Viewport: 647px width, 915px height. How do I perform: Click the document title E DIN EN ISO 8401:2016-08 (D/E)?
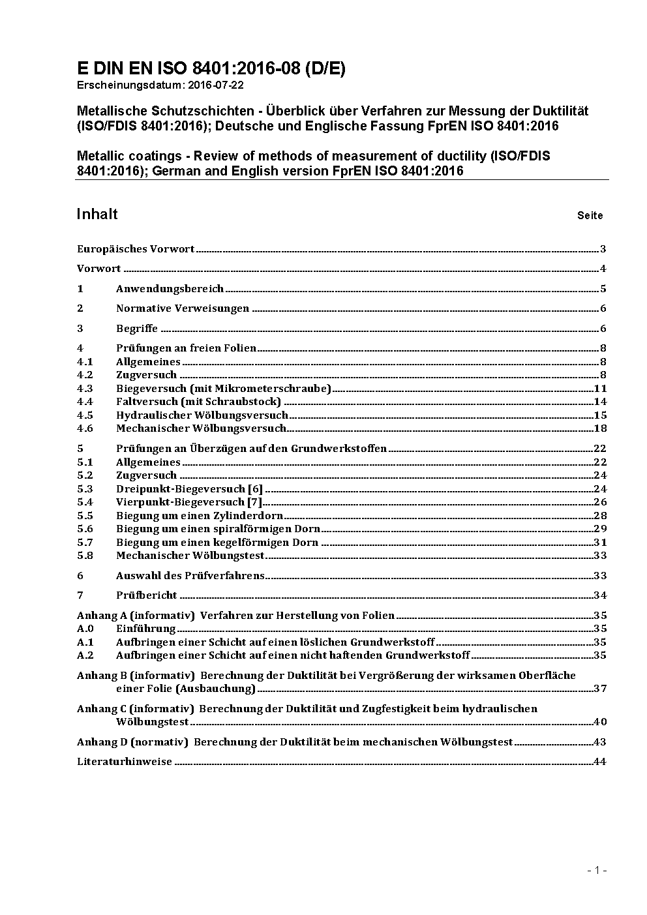pyautogui.click(x=211, y=68)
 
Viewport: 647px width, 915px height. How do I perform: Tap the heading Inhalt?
pyautogui.click(x=97, y=215)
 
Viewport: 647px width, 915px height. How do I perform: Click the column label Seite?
pyautogui.click(x=590, y=216)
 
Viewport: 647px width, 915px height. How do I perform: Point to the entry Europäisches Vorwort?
pyautogui.click(x=136, y=249)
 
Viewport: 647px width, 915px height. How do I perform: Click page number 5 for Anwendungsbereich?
pyautogui.click(x=603, y=289)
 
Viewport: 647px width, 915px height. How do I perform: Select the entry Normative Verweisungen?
pyautogui.click(x=183, y=308)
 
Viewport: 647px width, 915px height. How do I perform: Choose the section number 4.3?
pyautogui.click(x=85, y=389)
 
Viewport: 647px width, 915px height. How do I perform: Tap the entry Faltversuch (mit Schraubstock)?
pyautogui.click(x=198, y=402)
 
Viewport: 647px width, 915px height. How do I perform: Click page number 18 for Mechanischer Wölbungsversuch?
pyautogui.click(x=600, y=428)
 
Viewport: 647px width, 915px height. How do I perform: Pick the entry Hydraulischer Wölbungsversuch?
pyautogui.click(x=202, y=415)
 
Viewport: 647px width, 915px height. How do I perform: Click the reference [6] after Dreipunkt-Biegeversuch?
pyautogui.click(x=255, y=489)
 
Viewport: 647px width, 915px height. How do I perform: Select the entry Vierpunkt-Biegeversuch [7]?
pyautogui.click(x=189, y=502)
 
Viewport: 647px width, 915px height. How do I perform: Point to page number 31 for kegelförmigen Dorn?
pyautogui.click(x=600, y=543)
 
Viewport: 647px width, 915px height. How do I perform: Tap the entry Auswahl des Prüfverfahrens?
pyautogui.click(x=190, y=576)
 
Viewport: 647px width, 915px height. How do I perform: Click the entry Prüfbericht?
pyautogui.click(x=147, y=595)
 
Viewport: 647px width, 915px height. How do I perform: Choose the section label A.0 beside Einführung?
pyautogui.click(x=85, y=629)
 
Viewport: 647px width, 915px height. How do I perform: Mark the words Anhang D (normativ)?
pyautogui.click(x=132, y=742)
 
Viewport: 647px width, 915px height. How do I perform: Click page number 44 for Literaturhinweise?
pyautogui.click(x=600, y=762)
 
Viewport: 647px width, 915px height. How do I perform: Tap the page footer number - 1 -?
pyautogui.click(x=597, y=871)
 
